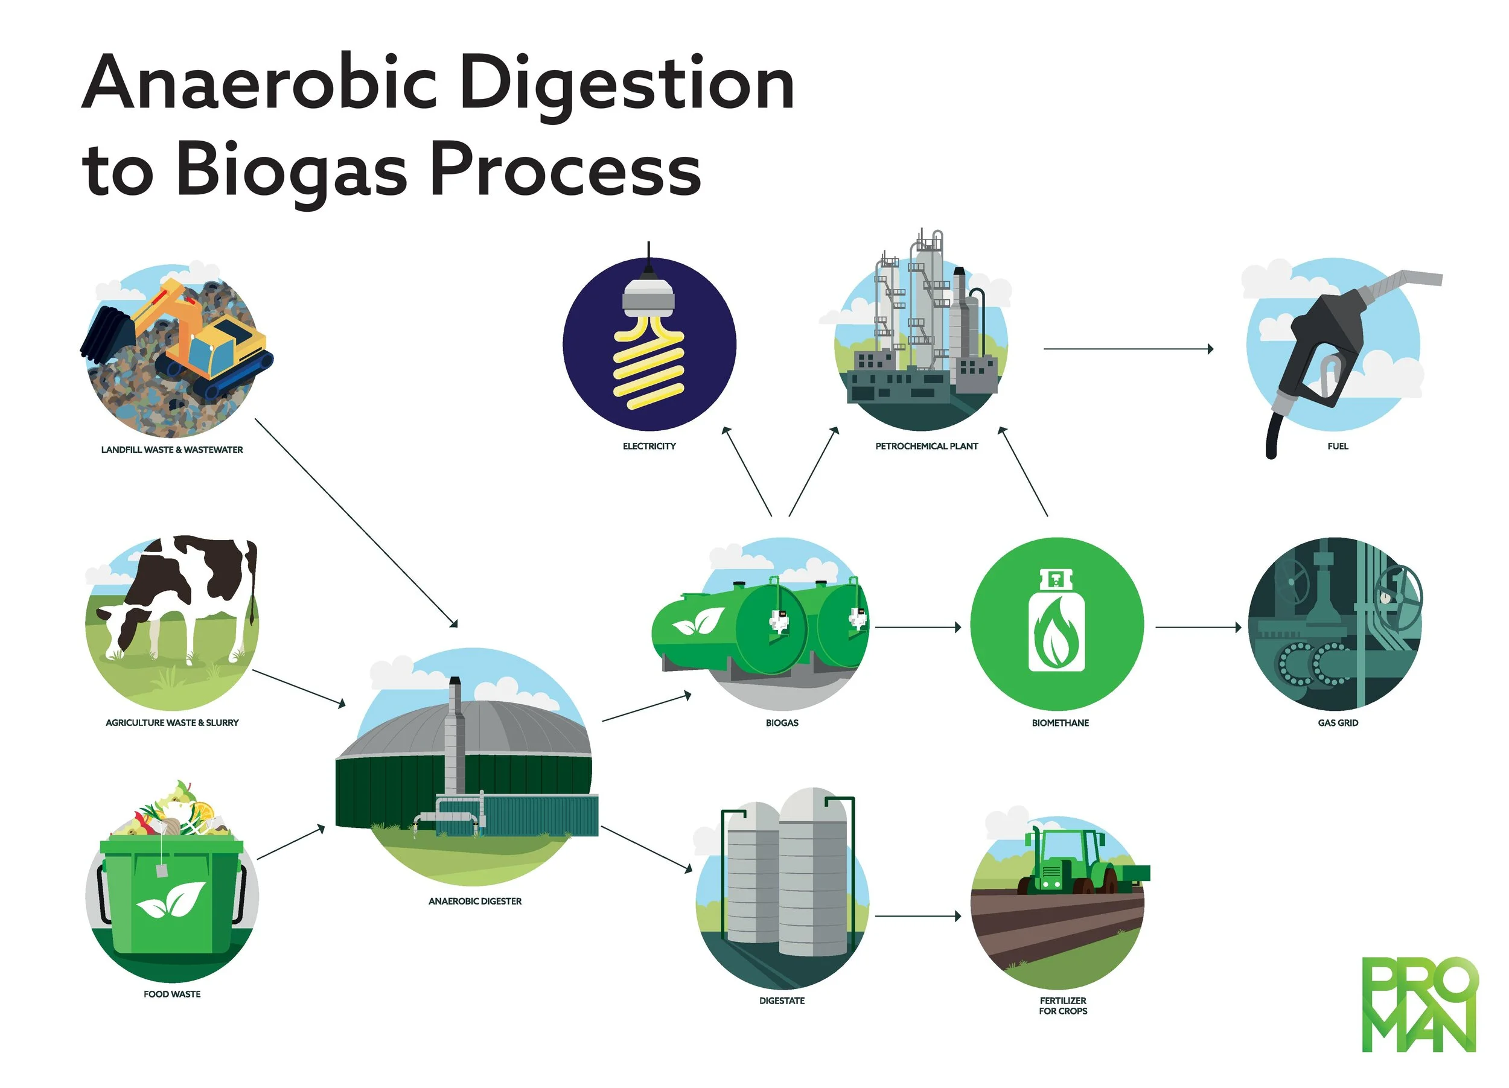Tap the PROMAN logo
[1419, 1004]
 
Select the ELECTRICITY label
[649, 446]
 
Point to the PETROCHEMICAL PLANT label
[926, 446]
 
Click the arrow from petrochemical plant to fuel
[1128, 348]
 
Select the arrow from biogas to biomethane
[918, 627]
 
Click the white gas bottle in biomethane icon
[1056, 622]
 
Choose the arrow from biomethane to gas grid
[1198, 627]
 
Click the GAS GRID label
[1338, 723]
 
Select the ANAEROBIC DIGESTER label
[474, 901]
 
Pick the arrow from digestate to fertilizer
[918, 917]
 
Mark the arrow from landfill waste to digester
[356, 523]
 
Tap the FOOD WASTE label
[171, 994]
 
